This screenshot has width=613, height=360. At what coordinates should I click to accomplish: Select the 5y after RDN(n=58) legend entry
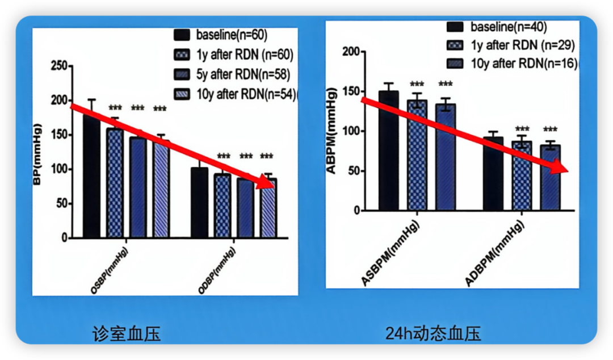(x=238, y=74)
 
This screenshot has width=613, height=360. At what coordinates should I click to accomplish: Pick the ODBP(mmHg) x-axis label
(x=217, y=271)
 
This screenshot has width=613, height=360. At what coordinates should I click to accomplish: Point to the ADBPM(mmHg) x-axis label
(x=496, y=253)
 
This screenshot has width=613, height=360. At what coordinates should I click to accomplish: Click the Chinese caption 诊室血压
(x=127, y=333)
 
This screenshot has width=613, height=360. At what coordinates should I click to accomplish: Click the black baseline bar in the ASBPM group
(x=388, y=150)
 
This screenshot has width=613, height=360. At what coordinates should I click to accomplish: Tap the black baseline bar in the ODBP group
(x=199, y=203)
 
